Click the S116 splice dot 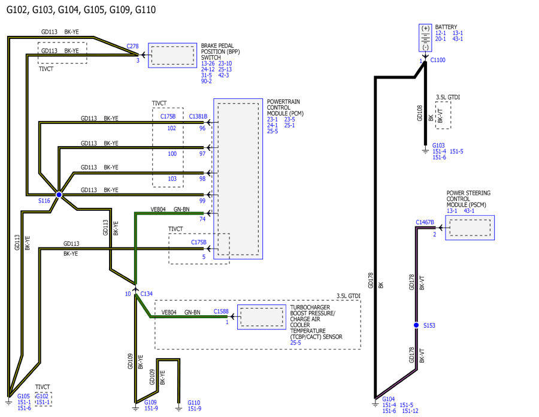pyautogui.click(x=59, y=195)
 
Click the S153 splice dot pyautogui.click(x=416, y=325)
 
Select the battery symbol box pyautogui.click(x=425, y=38)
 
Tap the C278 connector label pyautogui.click(x=132, y=46)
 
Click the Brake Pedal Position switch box pyautogui.click(x=172, y=55)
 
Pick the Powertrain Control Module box pyautogui.click(x=238, y=179)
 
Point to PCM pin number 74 pyautogui.click(x=202, y=219)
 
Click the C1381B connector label pyautogui.click(x=198, y=117)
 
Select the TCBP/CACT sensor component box pyautogui.click(x=262, y=317)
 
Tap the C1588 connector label pyautogui.click(x=221, y=311)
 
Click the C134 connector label pyautogui.click(x=147, y=294)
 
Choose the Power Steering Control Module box pyautogui.click(x=470, y=228)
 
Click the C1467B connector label pyautogui.click(x=425, y=222)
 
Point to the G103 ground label pyautogui.click(x=438, y=146)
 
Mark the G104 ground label pyautogui.click(x=389, y=399)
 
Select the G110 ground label pyautogui.click(x=194, y=403)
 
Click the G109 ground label pyautogui.click(x=150, y=402)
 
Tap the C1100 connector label pyautogui.click(x=438, y=60)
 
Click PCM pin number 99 pyautogui.click(x=202, y=201)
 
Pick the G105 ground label pyautogui.click(x=23, y=396)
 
